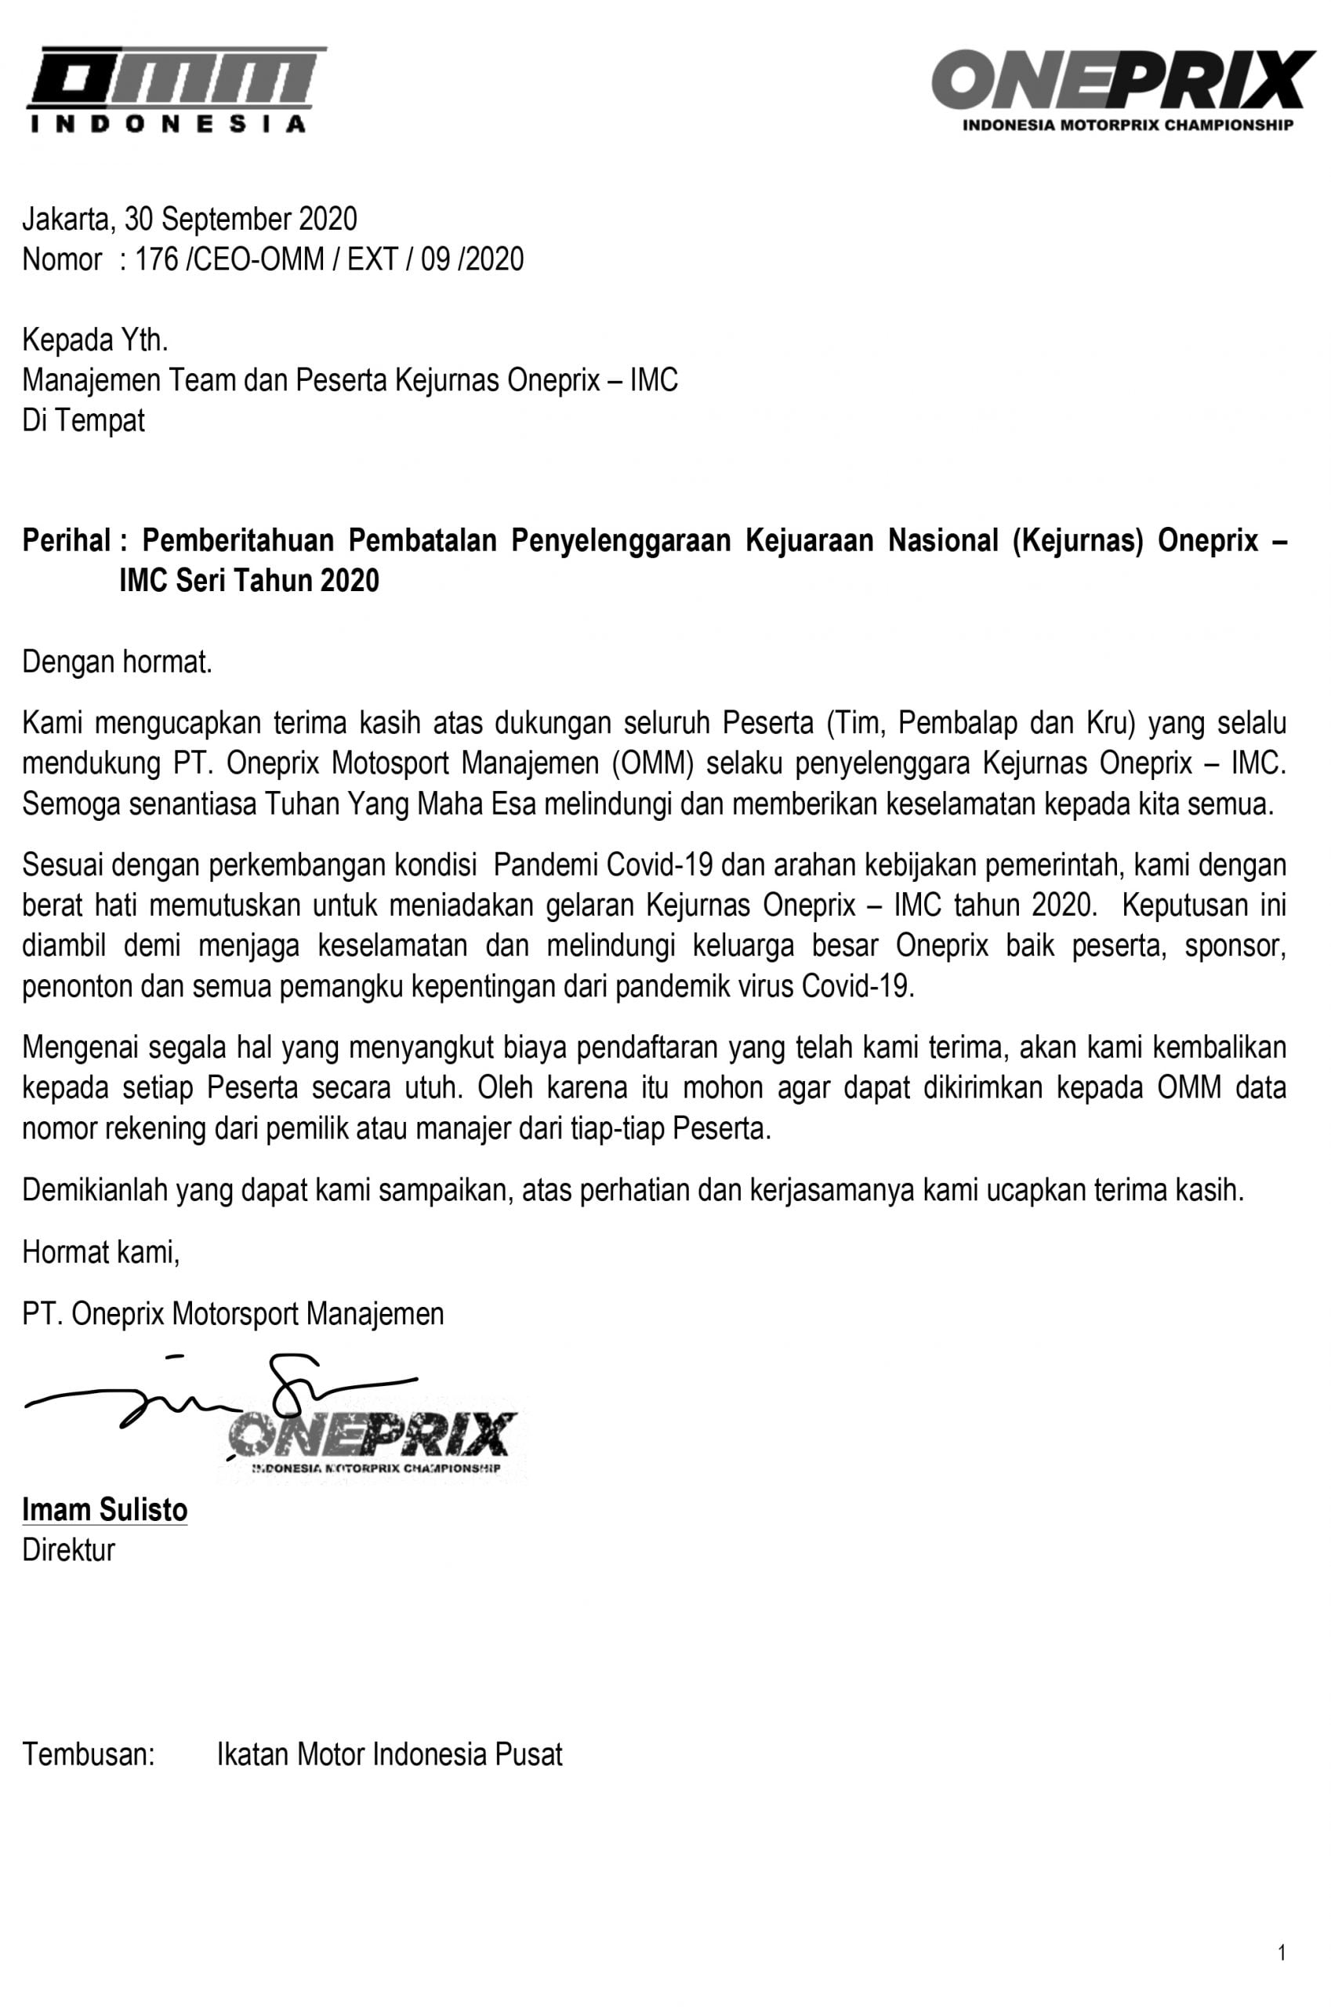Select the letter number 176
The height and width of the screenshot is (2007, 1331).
(156, 259)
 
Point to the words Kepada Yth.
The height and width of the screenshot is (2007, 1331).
(95, 340)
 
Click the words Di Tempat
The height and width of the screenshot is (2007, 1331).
(83, 420)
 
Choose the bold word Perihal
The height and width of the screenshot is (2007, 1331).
(66, 540)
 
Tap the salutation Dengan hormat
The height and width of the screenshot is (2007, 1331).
(117, 662)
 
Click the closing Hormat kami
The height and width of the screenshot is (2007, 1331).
(101, 1252)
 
